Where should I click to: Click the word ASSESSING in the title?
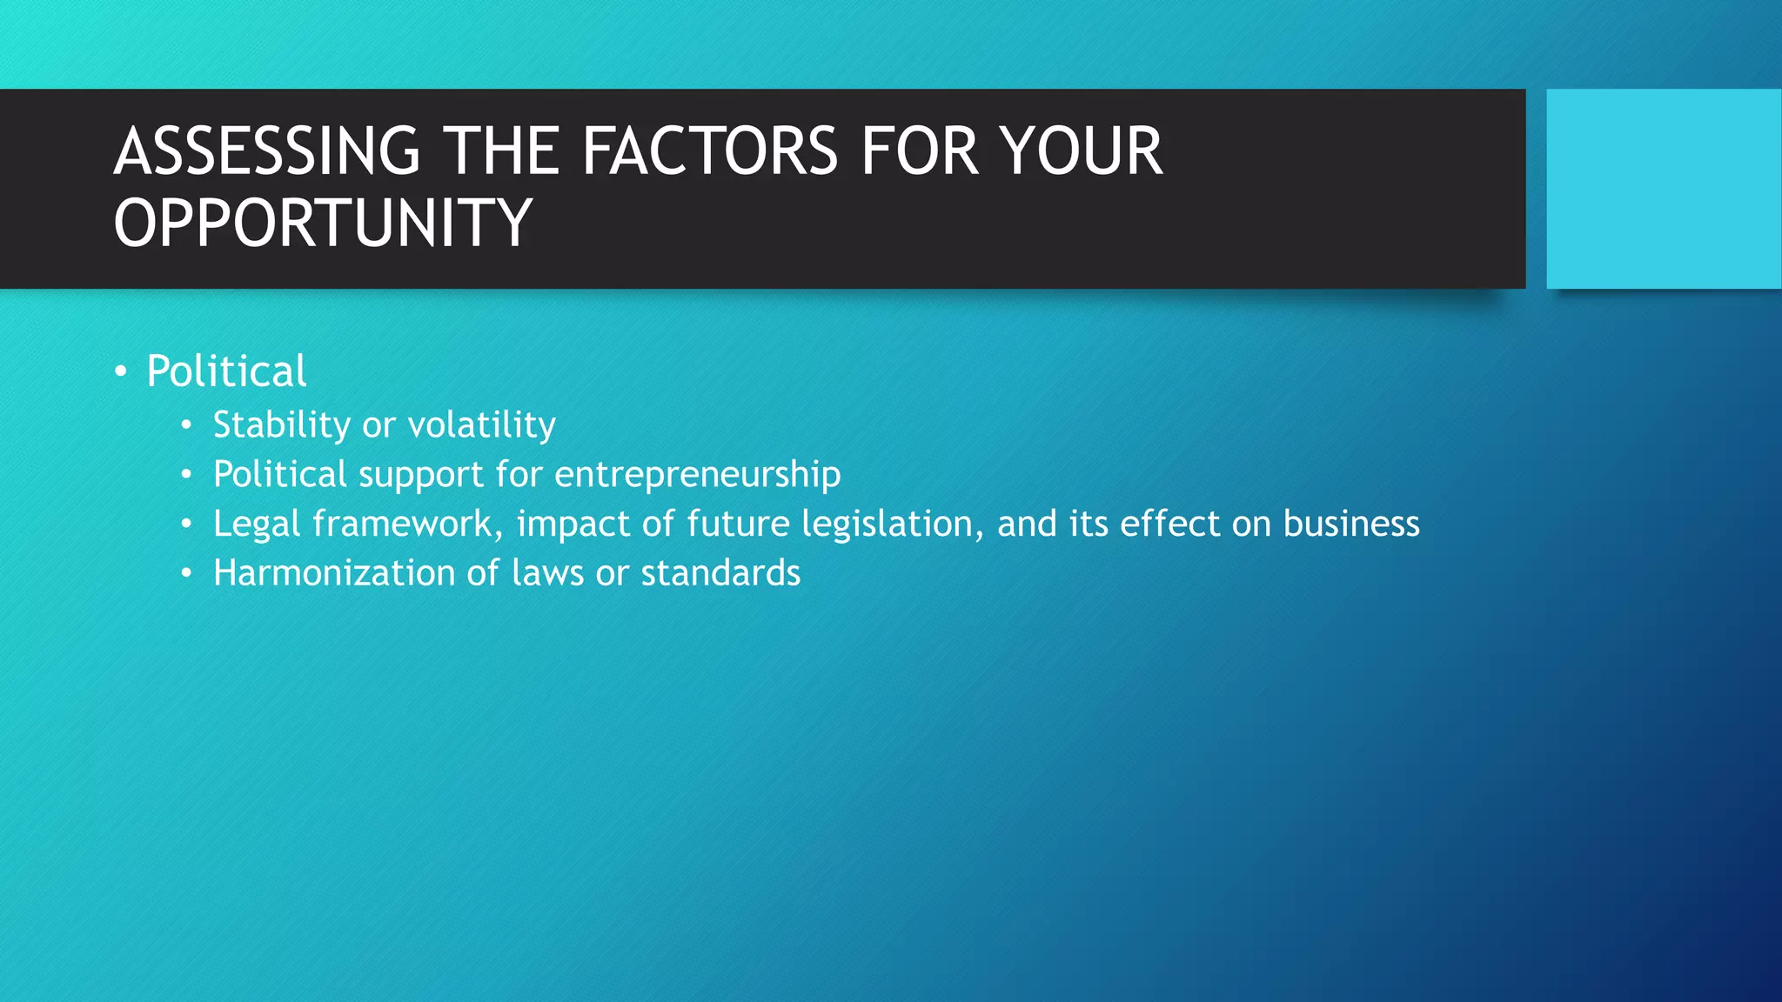point(267,151)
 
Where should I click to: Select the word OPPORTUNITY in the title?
point(322,223)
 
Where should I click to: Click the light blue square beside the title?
point(1663,189)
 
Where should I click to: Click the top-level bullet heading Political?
point(226,371)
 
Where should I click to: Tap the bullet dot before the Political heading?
point(121,372)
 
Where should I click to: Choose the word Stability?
point(281,425)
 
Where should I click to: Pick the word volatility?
point(481,425)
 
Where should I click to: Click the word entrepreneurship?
point(697,475)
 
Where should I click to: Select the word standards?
point(720,573)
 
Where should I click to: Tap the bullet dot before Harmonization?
point(186,574)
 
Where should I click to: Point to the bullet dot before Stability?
point(186,426)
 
